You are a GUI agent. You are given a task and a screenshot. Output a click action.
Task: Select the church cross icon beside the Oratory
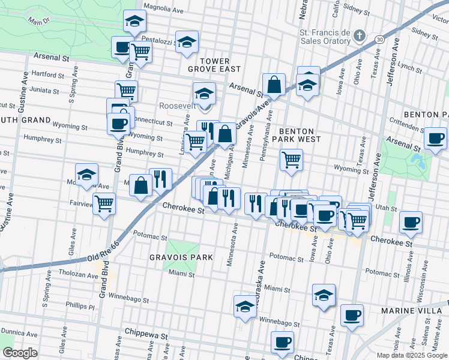(x=359, y=36)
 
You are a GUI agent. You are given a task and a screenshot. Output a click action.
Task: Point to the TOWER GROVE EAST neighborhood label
(x=215, y=65)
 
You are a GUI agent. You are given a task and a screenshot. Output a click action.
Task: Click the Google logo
(x=20, y=353)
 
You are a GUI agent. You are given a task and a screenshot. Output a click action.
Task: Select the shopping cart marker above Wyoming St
(x=291, y=160)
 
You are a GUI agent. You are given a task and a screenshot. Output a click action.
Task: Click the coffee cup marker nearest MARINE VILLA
(x=352, y=315)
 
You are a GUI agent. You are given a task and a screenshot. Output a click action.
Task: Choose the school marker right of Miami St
(x=324, y=295)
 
